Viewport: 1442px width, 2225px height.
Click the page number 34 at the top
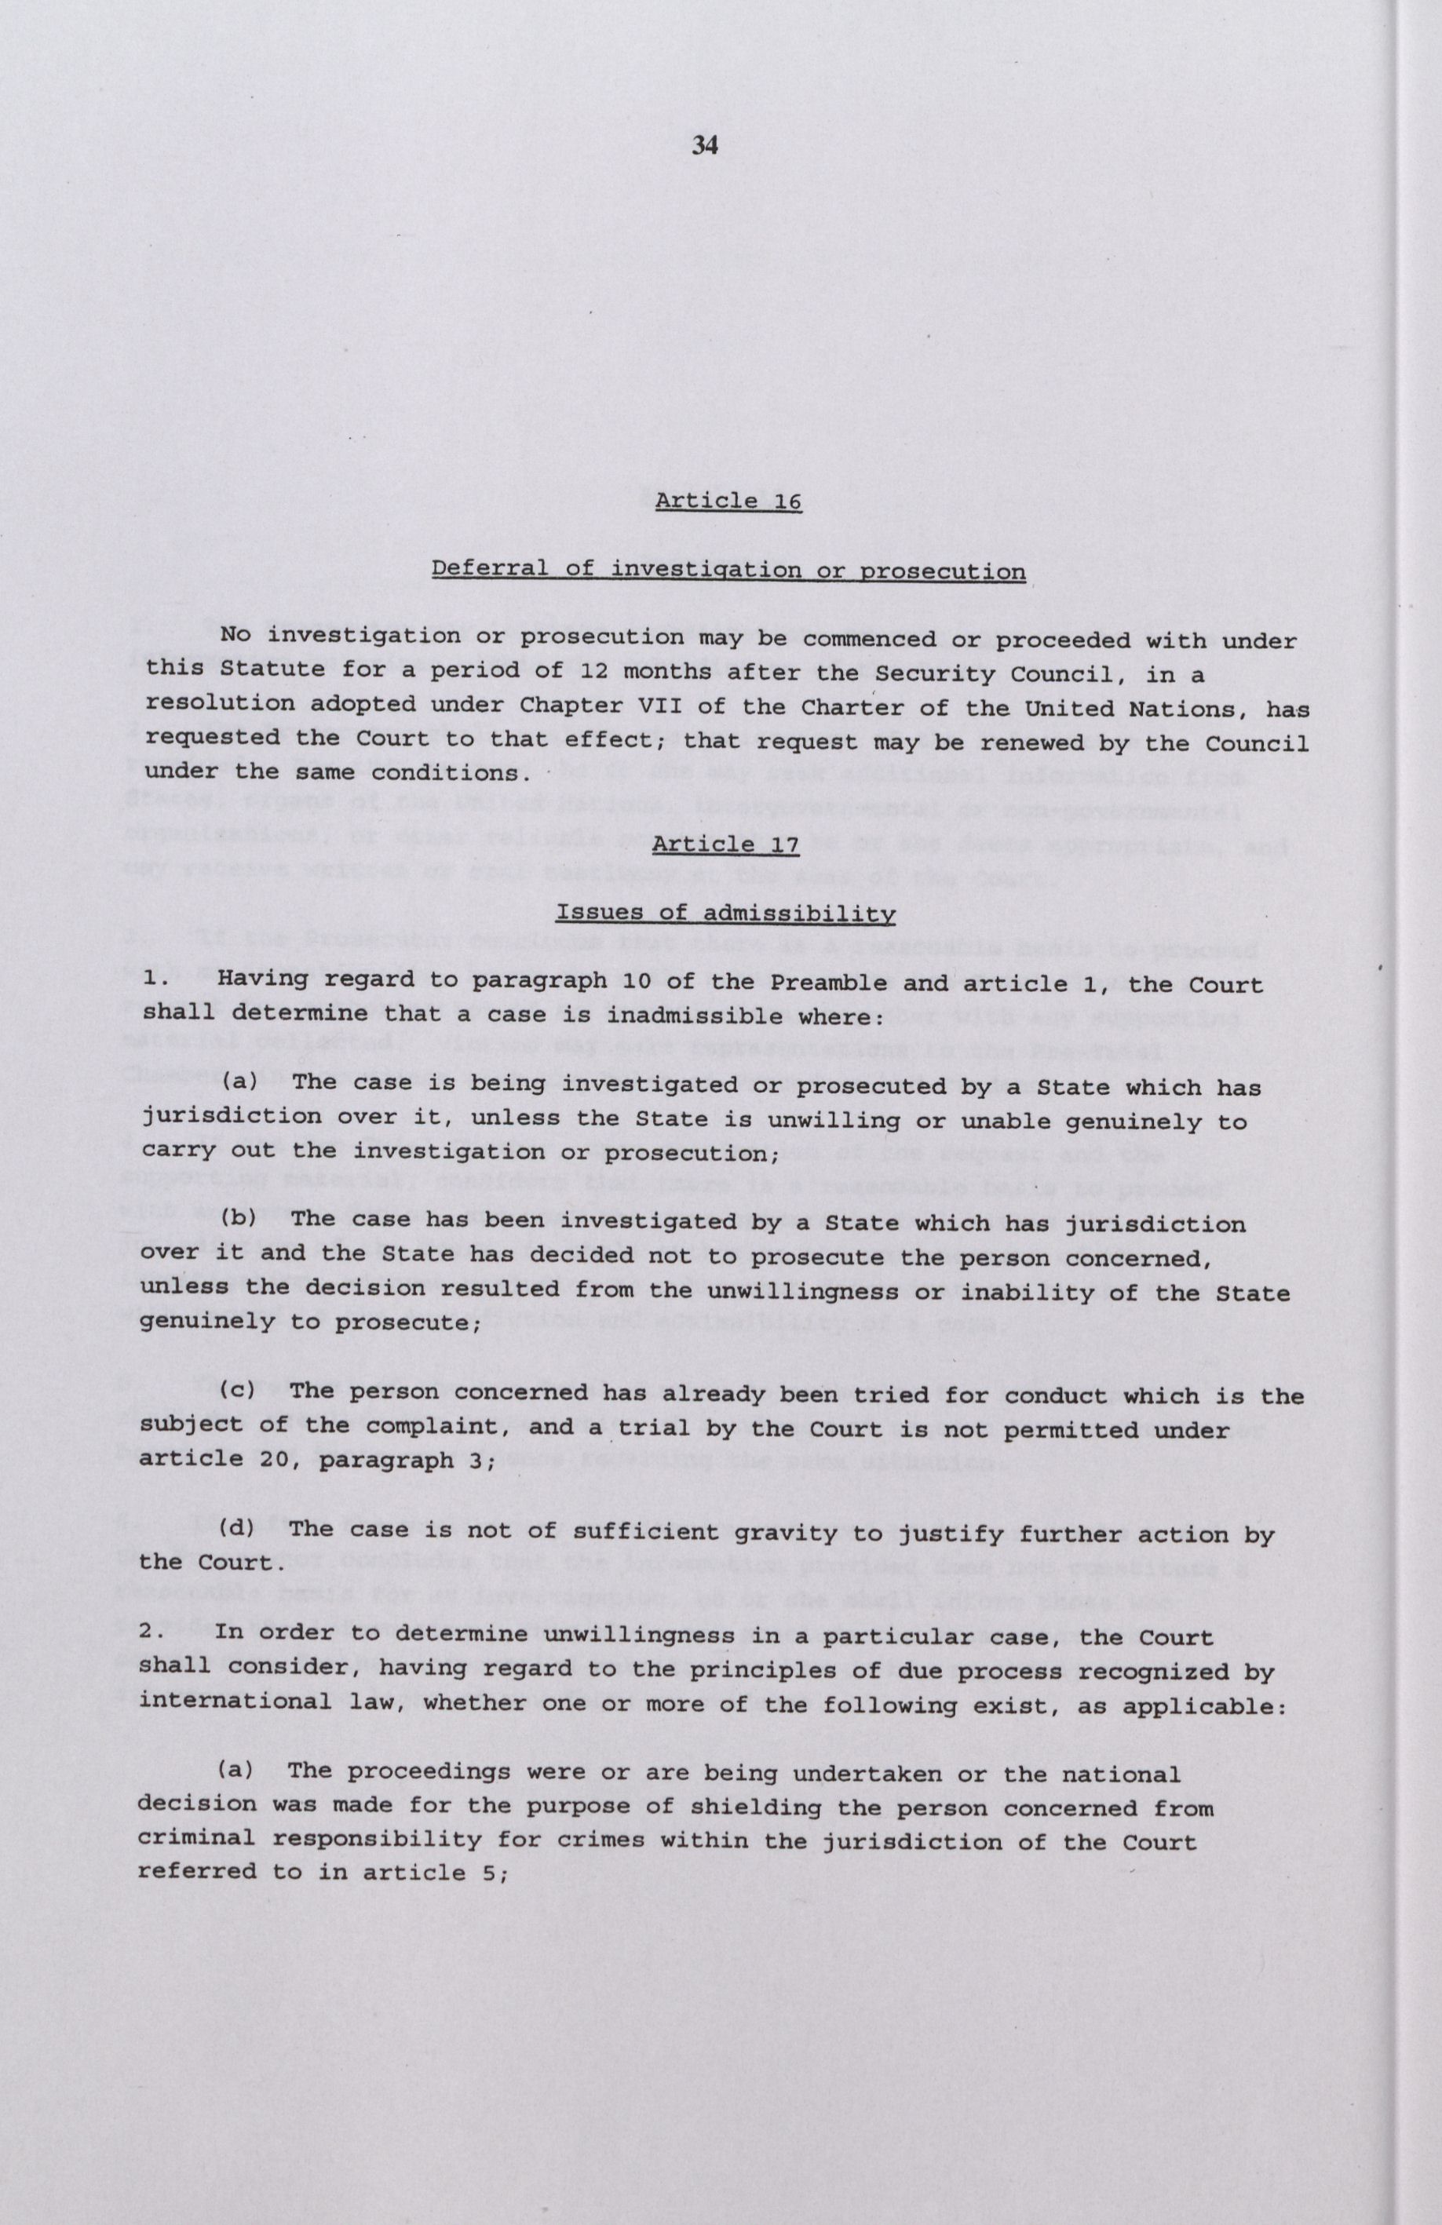click(704, 145)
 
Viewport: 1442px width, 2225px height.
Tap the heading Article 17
click(725, 845)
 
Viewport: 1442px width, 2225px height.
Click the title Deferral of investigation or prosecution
click(728, 571)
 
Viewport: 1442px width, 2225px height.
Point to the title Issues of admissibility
click(725, 913)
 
